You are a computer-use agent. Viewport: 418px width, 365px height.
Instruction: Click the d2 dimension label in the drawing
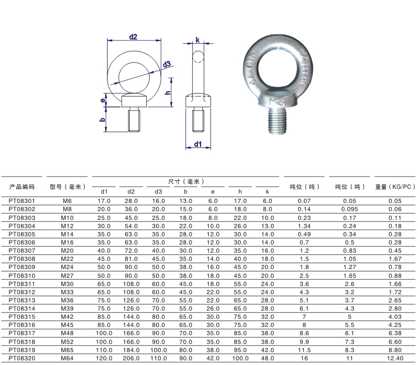(x=133, y=36)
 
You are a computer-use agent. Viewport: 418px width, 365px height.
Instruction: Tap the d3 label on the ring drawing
(x=167, y=64)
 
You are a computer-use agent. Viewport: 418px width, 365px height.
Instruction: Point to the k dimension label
(x=198, y=40)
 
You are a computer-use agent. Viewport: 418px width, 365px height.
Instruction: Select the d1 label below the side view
(x=198, y=144)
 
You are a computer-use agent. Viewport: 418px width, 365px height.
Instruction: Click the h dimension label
(x=168, y=92)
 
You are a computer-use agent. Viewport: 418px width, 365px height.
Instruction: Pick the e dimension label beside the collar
(x=103, y=101)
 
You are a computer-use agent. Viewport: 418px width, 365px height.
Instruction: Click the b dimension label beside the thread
(x=103, y=120)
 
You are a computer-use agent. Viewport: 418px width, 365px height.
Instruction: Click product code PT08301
(x=22, y=201)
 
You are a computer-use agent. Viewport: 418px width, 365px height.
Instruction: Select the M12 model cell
(x=67, y=226)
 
